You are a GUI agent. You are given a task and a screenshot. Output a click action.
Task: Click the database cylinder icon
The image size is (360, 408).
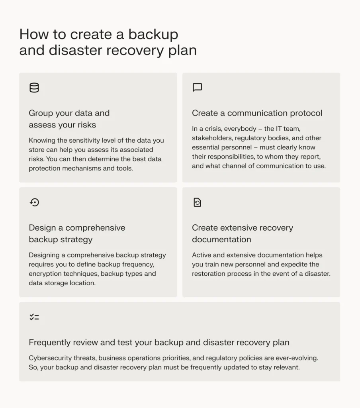point(34,88)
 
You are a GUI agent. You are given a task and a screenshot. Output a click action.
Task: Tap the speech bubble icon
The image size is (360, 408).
point(197,88)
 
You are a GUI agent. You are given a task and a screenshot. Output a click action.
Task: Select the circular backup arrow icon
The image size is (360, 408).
point(34,202)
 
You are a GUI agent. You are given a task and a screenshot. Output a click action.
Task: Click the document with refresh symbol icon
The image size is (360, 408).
point(197,202)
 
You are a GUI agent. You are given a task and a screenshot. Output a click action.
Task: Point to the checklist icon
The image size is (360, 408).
point(34,317)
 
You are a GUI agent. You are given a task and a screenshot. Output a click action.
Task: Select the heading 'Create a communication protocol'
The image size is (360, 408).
point(257,113)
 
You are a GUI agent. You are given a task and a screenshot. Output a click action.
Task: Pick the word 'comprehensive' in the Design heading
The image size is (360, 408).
point(95,228)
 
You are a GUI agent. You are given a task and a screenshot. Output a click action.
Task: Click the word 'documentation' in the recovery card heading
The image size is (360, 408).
point(221,239)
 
